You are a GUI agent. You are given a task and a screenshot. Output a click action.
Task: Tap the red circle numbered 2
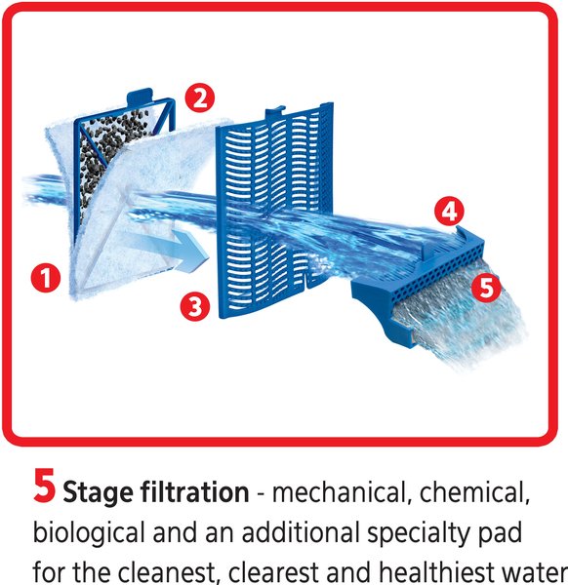(x=201, y=97)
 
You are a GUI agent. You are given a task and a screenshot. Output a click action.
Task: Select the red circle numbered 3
(x=195, y=307)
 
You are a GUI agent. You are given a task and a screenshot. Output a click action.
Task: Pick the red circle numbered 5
(x=483, y=288)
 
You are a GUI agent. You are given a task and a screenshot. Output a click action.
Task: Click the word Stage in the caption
(x=99, y=493)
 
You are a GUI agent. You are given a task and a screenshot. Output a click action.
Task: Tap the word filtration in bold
(x=194, y=493)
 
